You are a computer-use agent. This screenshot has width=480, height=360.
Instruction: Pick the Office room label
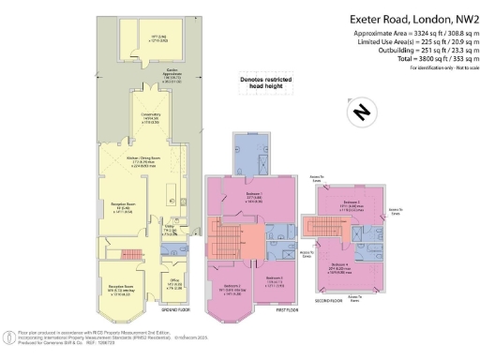(174, 283)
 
